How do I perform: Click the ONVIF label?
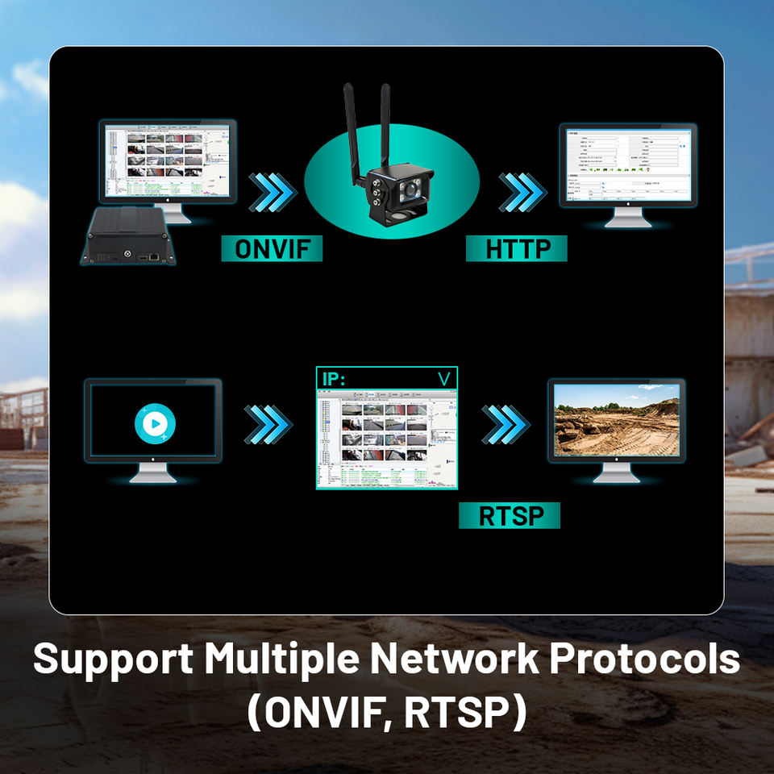pyautogui.click(x=272, y=248)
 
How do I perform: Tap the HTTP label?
pyautogui.click(x=516, y=248)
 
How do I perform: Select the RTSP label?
pyautogui.click(x=509, y=516)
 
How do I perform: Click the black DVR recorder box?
pyautogui.click(x=128, y=236)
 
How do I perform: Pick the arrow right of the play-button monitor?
pyautogui.click(x=268, y=422)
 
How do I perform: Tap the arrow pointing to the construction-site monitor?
pyautogui.click(x=506, y=422)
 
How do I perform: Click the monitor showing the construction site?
pyautogui.click(x=617, y=420)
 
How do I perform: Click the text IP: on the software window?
pyautogui.click(x=333, y=379)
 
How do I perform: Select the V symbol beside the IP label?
pyautogui.click(x=443, y=379)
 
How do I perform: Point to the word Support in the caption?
pyautogui.click(x=113, y=660)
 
